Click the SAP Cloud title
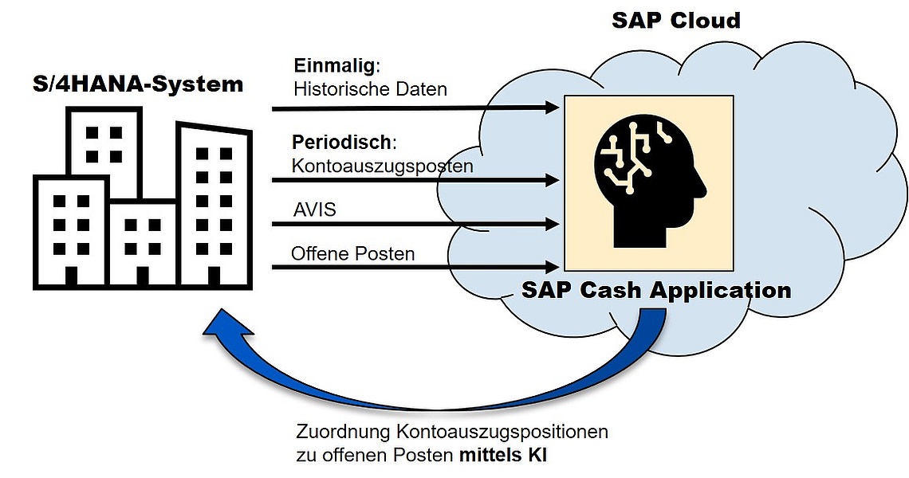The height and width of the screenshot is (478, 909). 676,20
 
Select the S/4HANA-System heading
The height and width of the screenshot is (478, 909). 138,84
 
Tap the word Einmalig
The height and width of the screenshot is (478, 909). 335,65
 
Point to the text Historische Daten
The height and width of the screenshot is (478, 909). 370,89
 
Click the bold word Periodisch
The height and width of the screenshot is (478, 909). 342,143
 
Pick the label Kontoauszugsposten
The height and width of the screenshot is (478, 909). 382,167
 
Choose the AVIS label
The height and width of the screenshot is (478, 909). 314,210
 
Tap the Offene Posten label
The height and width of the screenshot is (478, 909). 352,254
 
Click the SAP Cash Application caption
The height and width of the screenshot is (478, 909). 656,290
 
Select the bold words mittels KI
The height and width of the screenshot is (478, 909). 502,456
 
